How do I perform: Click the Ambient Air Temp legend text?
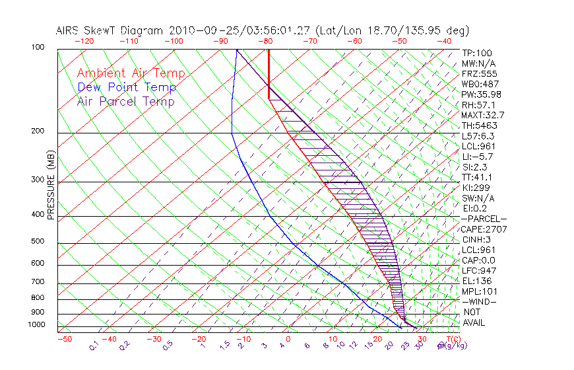click(x=131, y=73)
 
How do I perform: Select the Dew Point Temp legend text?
click(x=127, y=87)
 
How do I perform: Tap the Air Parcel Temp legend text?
click(x=125, y=101)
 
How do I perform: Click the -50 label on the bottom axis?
click(x=64, y=338)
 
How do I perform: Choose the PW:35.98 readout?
click(x=481, y=94)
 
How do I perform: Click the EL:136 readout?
click(x=476, y=281)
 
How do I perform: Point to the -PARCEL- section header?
click(x=484, y=219)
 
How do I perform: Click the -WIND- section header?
click(x=478, y=301)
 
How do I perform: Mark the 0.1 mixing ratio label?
click(x=94, y=345)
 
